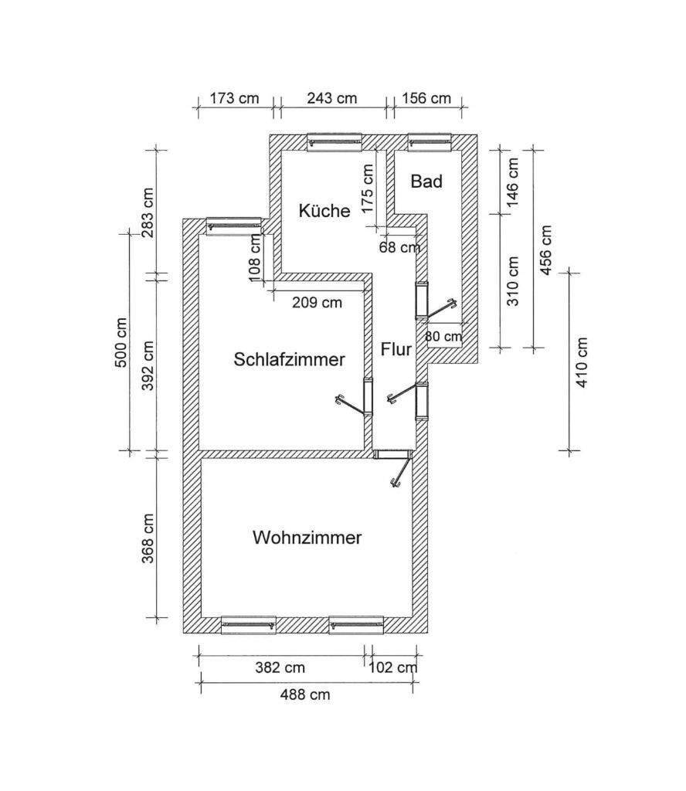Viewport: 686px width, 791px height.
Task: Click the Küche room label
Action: point(324,210)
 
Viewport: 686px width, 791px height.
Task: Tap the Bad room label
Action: point(426,182)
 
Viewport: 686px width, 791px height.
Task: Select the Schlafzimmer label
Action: point(289,359)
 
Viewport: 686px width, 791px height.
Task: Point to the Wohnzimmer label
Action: point(307,538)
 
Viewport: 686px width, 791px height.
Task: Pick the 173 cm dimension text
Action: point(235,99)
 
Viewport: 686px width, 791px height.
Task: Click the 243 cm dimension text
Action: point(332,99)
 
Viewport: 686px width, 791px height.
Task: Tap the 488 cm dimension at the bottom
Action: point(305,694)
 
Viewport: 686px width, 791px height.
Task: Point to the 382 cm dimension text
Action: point(280,667)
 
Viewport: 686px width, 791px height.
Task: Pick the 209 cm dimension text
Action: point(317,303)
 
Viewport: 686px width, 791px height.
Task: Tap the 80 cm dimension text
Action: point(443,336)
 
